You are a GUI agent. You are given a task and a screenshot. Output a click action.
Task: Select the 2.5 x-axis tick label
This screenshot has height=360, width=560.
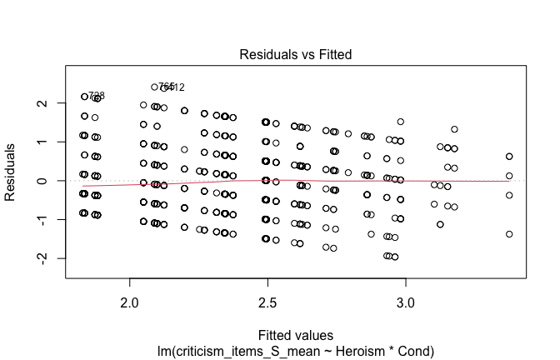click(x=267, y=298)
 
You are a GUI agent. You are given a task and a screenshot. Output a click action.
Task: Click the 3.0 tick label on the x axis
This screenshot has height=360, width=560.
click(x=405, y=298)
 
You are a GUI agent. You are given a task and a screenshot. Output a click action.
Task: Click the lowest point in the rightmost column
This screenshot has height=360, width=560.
click(x=509, y=234)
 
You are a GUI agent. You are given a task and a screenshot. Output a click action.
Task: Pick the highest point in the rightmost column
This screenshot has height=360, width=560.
click(x=509, y=156)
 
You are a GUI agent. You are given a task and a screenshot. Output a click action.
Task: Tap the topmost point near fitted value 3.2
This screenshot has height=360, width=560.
click(x=454, y=129)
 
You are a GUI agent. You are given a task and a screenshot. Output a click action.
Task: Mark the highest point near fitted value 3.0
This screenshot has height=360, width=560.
click(x=401, y=122)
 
